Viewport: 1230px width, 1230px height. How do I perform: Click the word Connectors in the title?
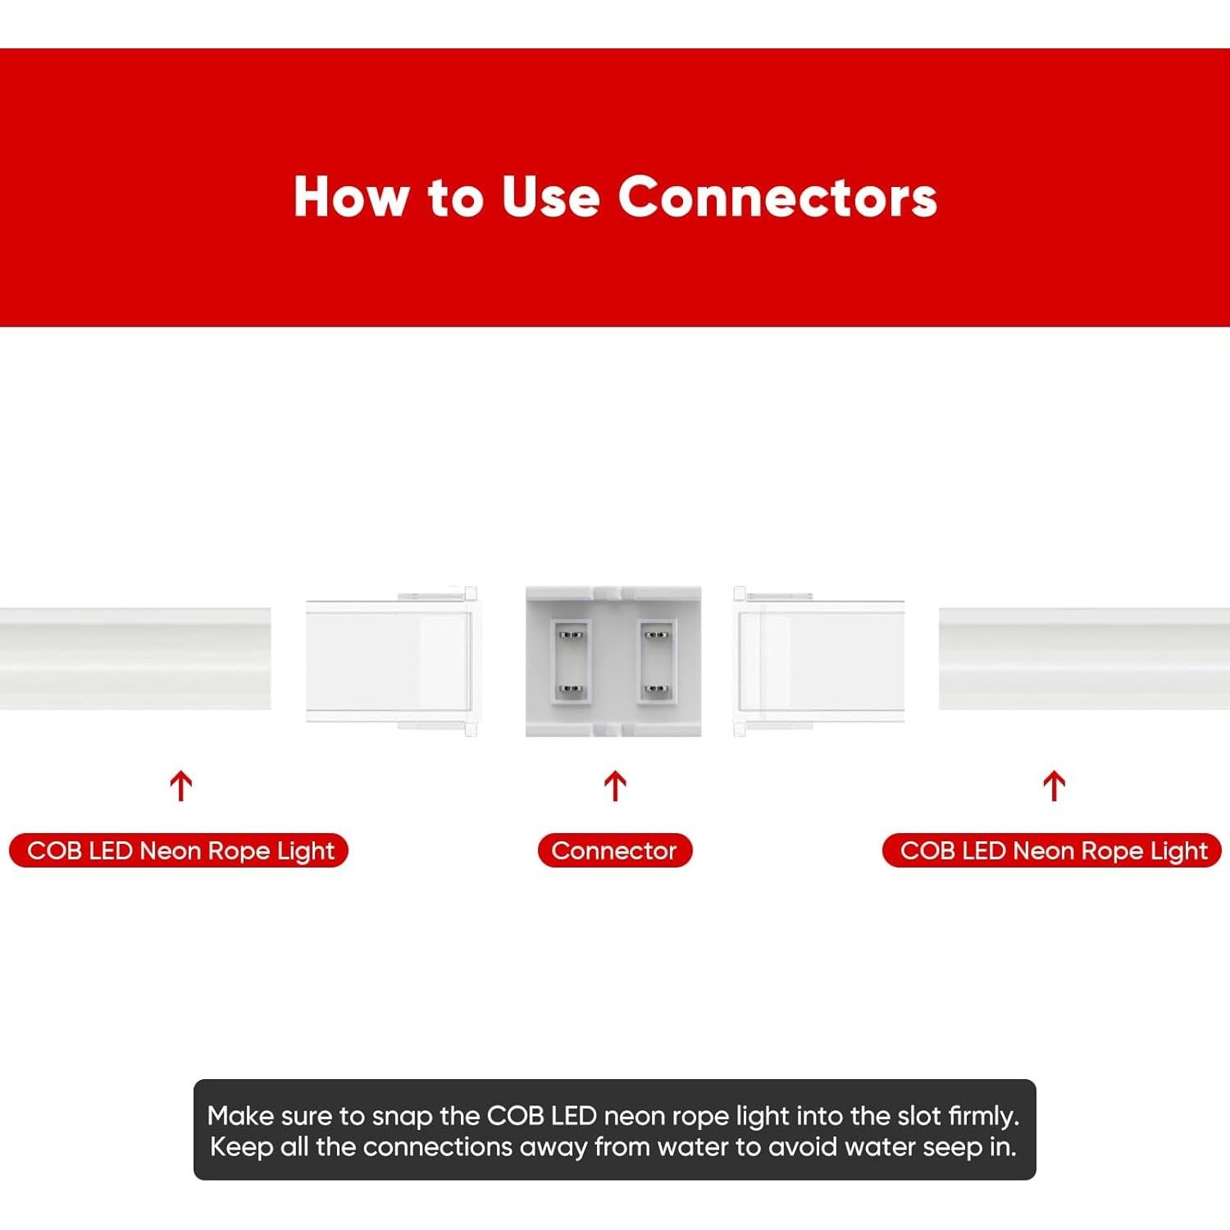(x=777, y=197)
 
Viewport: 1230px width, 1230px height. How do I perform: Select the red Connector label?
(x=614, y=850)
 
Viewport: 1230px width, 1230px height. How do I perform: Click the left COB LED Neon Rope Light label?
(x=179, y=850)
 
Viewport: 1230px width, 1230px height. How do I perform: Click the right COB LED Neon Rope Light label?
(x=1052, y=850)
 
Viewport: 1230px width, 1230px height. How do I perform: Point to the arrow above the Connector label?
(x=615, y=786)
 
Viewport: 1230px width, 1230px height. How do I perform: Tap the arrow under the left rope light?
(x=180, y=786)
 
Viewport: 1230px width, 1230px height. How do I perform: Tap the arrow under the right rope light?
(x=1054, y=786)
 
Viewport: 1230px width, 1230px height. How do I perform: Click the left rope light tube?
(x=135, y=658)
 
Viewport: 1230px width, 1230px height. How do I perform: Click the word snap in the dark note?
(x=402, y=1116)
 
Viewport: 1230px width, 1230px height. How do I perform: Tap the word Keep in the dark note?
(x=241, y=1146)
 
